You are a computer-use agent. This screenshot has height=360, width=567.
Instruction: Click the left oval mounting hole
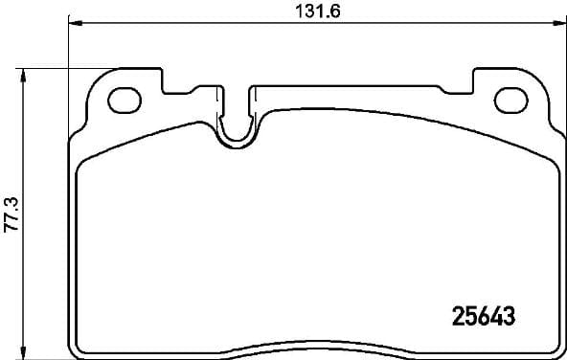click(123, 98)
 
